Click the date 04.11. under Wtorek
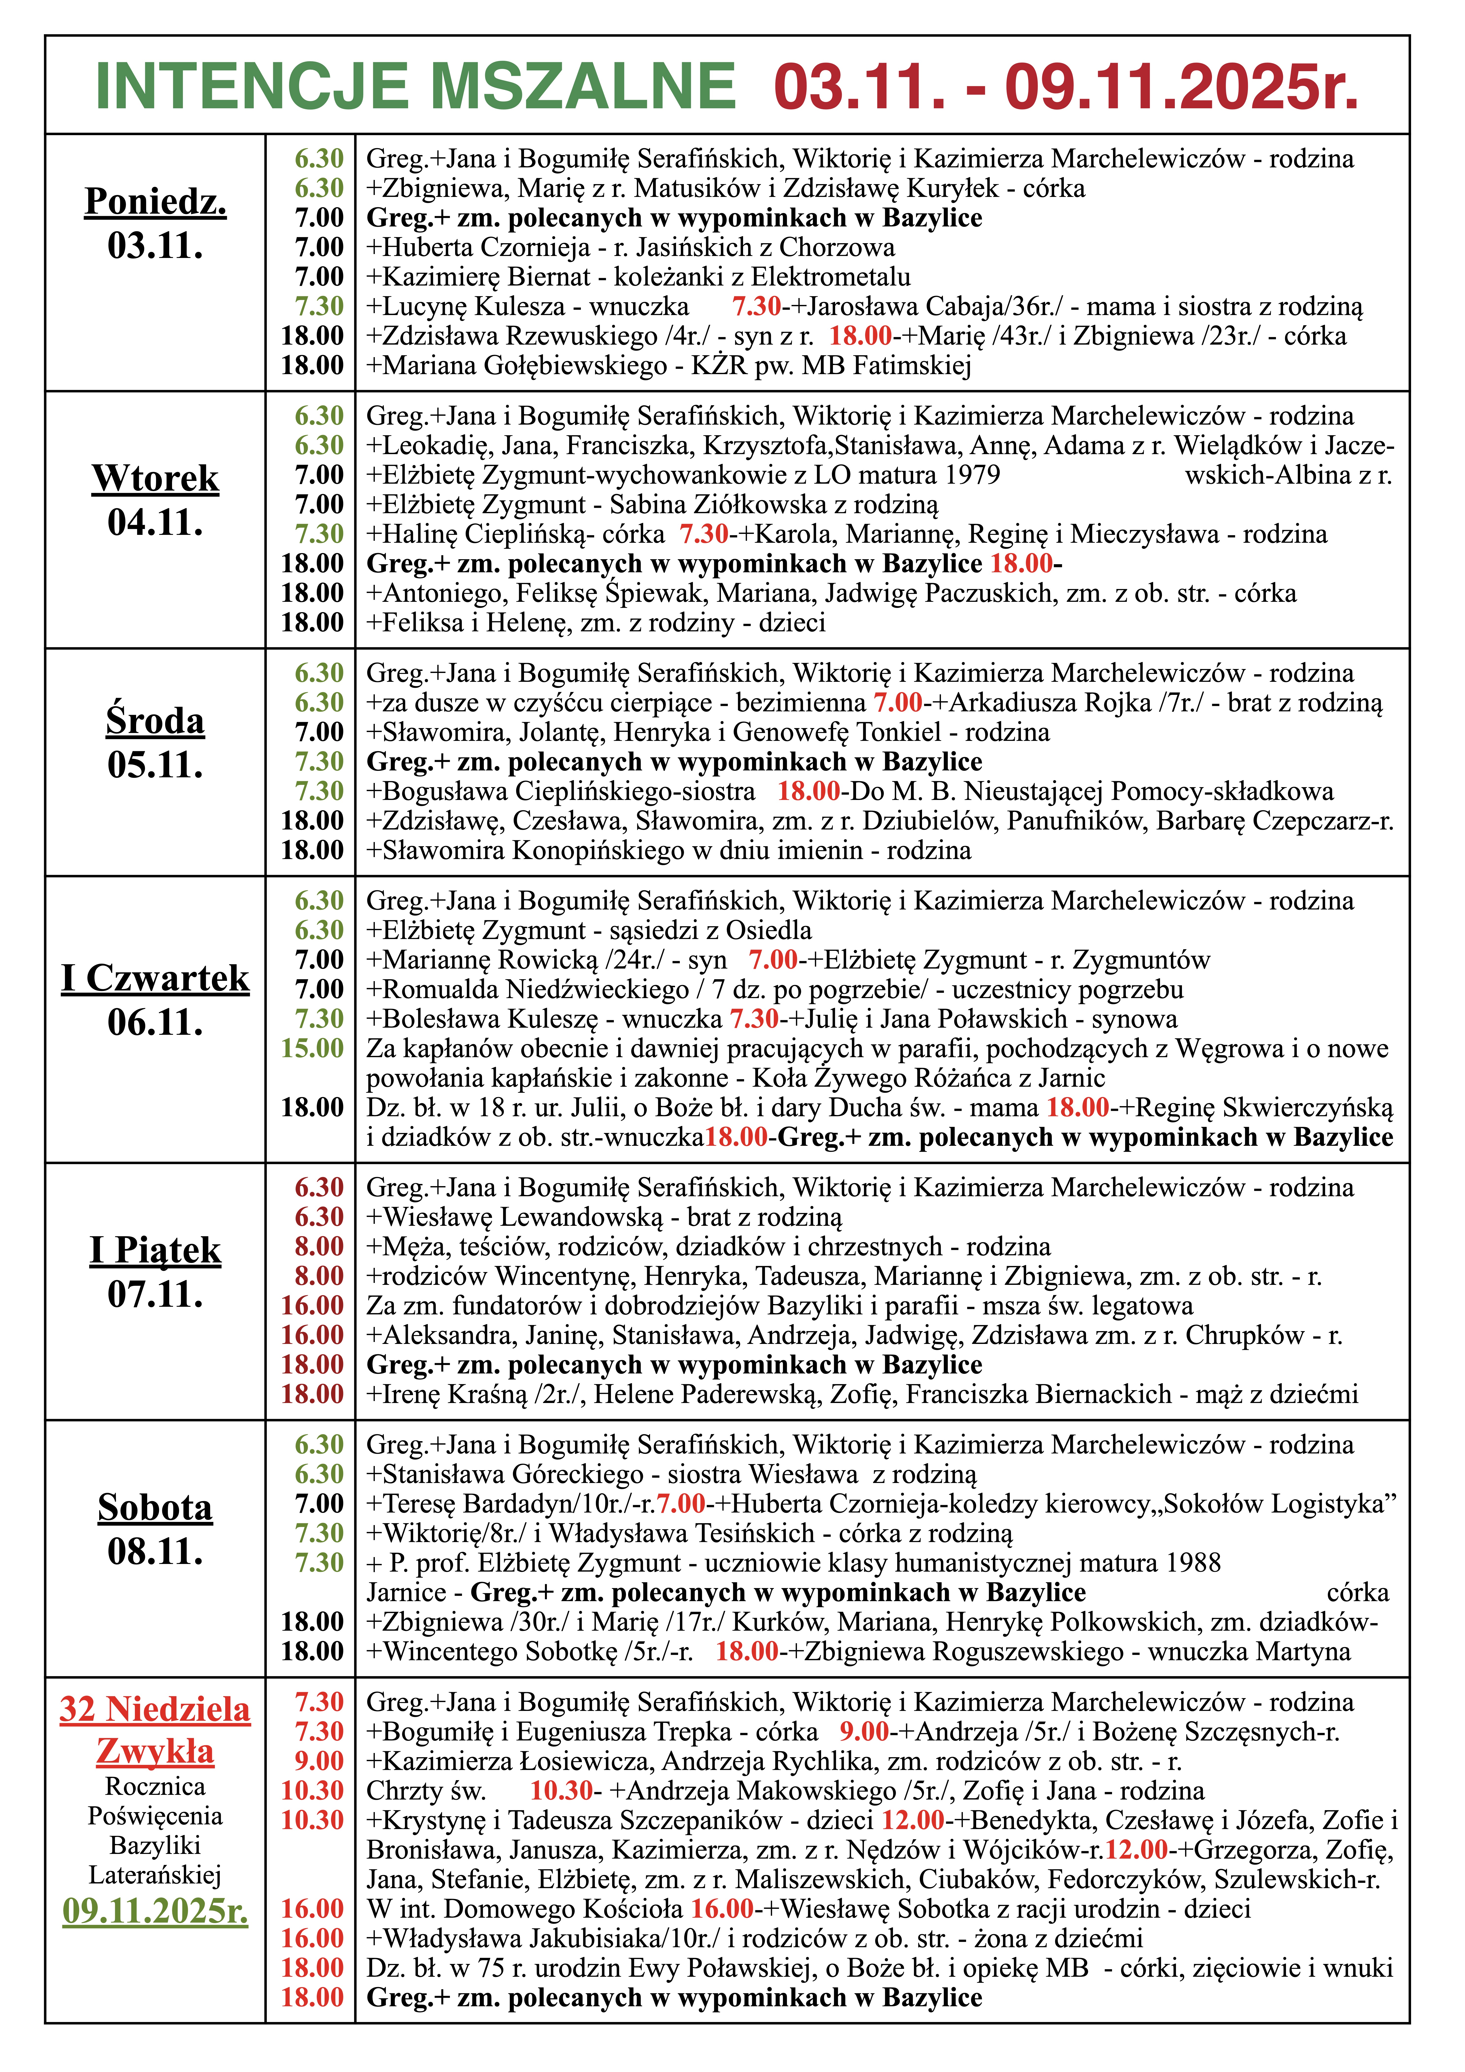[155, 523]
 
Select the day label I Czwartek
[155, 978]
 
